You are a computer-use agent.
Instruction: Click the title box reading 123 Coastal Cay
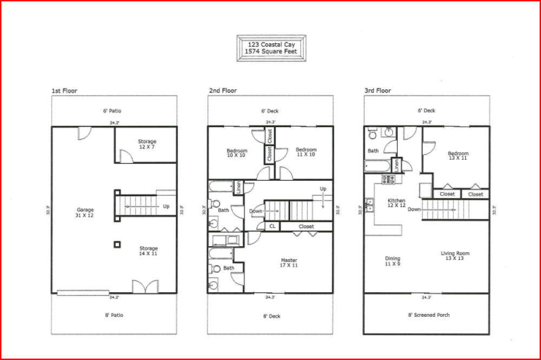click(x=271, y=48)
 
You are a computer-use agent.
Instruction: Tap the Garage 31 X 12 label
click(x=85, y=213)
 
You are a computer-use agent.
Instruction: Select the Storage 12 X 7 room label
click(x=147, y=144)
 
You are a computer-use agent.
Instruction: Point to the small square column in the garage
click(x=117, y=244)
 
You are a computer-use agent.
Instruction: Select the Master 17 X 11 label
click(x=289, y=263)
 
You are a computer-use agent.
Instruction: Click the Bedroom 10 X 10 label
click(x=236, y=153)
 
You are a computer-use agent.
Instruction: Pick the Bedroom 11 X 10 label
click(x=306, y=152)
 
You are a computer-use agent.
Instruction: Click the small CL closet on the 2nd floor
click(x=272, y=226)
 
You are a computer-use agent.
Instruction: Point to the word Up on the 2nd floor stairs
click(x=323, y=189)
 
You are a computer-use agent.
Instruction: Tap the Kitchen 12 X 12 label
click(x=396, y=203)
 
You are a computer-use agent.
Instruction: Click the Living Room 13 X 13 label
click(x=455, y=256)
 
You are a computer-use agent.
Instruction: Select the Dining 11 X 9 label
click(x=392, y=261)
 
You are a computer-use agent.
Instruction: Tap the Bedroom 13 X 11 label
click(x=458, y=156)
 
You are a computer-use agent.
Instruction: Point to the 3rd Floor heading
click(x=378, y=91)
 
